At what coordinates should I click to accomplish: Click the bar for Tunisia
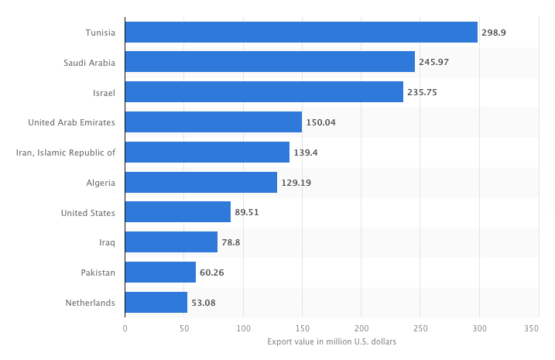pos(301,32)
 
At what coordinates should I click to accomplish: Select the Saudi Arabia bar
pos(269,62)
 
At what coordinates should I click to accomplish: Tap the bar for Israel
pos(264,92)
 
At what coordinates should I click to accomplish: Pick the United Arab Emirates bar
pos(213,122)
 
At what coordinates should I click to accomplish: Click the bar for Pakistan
pos(160,273)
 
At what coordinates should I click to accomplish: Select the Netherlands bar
pos(156,303)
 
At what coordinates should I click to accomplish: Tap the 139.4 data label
pos(305,153)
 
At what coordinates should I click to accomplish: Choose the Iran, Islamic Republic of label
pos(66,153)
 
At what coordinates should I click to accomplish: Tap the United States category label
pos(87,213)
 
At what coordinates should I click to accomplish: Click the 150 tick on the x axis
pos(302,328)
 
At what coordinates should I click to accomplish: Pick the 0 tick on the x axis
pos(125,328)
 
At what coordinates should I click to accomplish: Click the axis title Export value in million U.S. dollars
pos(331,342)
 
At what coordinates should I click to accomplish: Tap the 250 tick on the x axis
pos(420,328)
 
